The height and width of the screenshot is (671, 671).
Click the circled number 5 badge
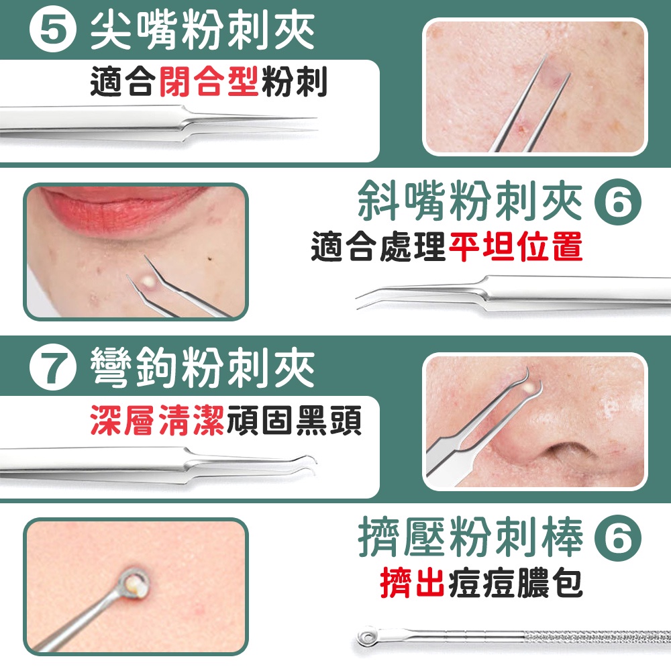pyautogui.click(x=52, y=31)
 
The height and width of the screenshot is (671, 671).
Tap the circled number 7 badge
pyautogui.click(x=52, y=367)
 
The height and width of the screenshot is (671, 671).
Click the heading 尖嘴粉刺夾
pyautogui.click(x=202, y=31)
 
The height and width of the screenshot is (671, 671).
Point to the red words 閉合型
pyautogui.click(x=209, y=81)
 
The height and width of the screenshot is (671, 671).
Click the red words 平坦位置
pyautogui.click(x=515, y=246)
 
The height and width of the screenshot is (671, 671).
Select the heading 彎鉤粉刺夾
pyautogui.click(x=202, y=367)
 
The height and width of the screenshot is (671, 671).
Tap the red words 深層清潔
pyautogui.click(x=158, y=420)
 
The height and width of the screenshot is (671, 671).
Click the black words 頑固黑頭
pyautogui.click(x=294, y=420)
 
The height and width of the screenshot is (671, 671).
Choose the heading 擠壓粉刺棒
pyautogui.click(x=470, y=537)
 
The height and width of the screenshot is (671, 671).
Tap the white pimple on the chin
pyautogui.click(x=148, y=280)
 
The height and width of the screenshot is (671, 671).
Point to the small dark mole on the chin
pyautogui.click(x=209, y=258)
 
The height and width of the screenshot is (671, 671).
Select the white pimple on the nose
pyautogui.click(x=529, y=388)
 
